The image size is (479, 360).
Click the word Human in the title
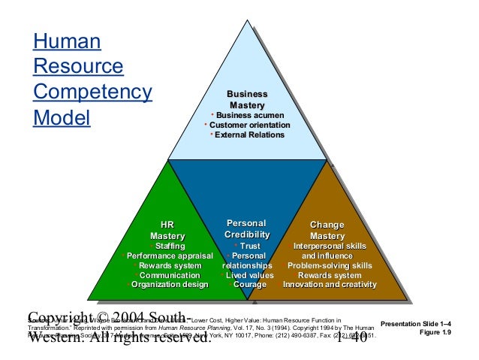(68, 43)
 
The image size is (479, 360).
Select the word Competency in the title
(92, 94)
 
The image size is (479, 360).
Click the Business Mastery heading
(247, 99)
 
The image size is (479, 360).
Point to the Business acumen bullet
(247, 114)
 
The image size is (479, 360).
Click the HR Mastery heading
(167, 231)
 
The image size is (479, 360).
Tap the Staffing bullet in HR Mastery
(170, 247)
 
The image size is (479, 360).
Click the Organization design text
(170, 285)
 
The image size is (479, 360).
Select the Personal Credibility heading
(246, 231)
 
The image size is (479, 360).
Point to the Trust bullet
(249, 247)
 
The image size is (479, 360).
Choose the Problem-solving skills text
(330, 266)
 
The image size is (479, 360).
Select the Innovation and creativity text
(330, 285)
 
